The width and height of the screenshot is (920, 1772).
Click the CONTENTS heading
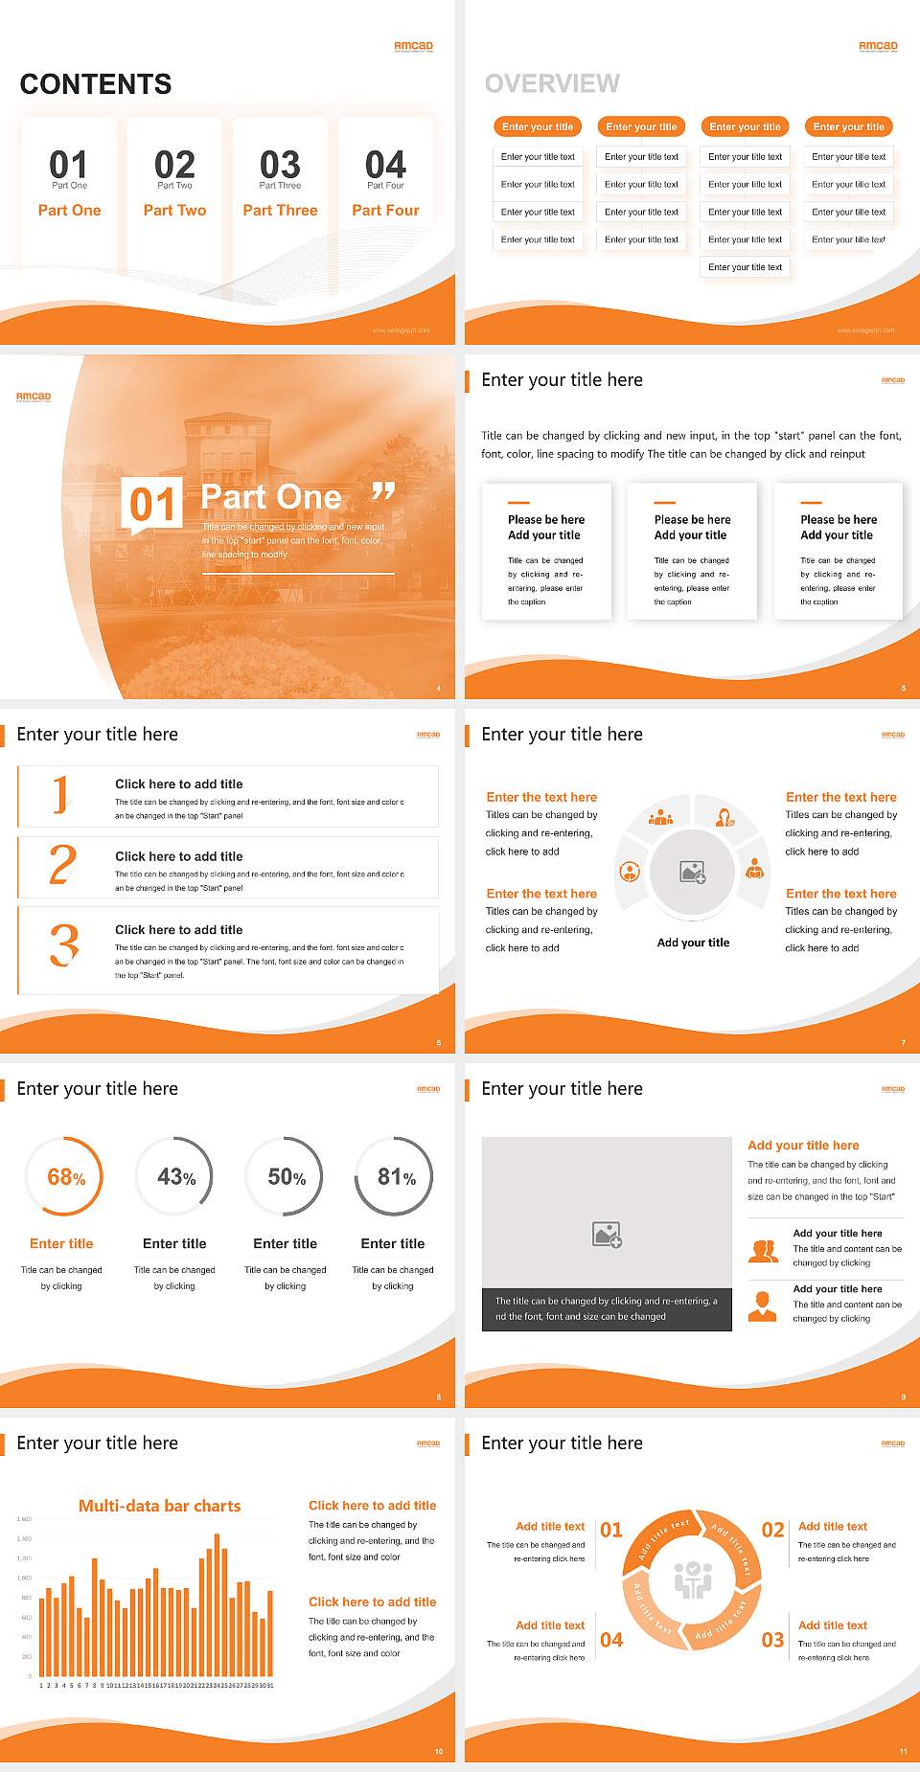[96, 84]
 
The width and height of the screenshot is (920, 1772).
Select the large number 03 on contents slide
[280, 165]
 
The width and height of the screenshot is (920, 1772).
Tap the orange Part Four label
[385, 211]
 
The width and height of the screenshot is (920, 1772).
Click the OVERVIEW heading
[552, 84]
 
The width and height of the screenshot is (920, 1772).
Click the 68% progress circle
[63, 1176]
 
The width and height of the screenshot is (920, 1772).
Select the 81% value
[396, 1177]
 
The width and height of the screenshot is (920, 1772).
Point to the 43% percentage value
[176, 1177]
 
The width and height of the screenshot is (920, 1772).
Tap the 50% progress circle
[285, 1176]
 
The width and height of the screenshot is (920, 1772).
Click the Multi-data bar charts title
[160, 1506]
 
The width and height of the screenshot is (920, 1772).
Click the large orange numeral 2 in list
[62, 865]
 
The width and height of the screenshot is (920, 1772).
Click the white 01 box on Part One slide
[152, 504]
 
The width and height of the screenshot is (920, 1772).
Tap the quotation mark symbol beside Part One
[383, 492]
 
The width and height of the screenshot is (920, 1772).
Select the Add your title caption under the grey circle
[693, 943]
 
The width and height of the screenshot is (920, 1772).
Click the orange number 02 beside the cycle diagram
[772, 1530]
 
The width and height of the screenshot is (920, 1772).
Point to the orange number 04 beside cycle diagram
[611, 1640]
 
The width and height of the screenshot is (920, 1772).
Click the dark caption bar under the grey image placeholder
[607, 1309]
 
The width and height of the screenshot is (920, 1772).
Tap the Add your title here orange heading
[803, 1146]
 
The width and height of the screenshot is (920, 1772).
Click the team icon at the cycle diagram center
[693, 1579]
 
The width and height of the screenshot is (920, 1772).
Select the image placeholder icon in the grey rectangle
[607, 1235]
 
